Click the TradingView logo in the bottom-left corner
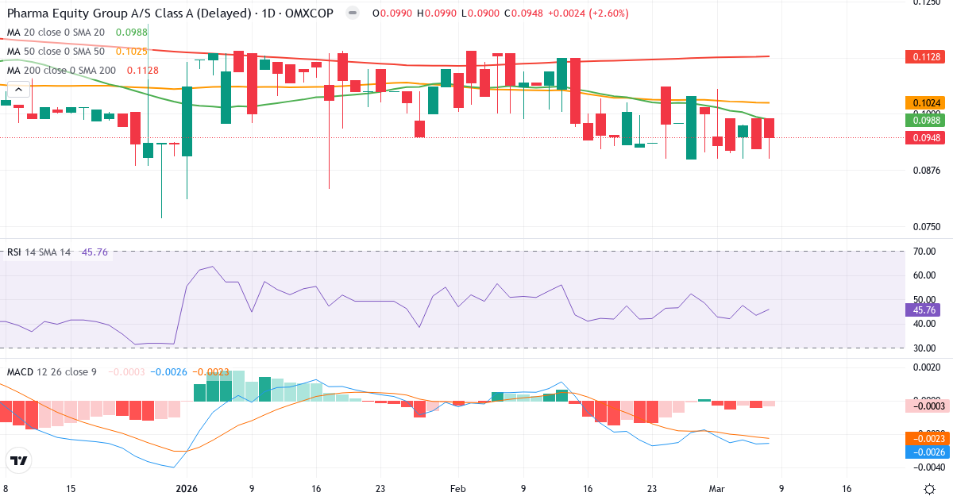[x=19, y=460]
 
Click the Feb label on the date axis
[x=457, y=489]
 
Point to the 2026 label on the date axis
[x=187, y=489]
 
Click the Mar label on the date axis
[x=717, y=489]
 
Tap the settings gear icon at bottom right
[x=929, y=489]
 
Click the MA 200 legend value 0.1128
[x=143, y=70]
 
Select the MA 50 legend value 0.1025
[x=132, y=51]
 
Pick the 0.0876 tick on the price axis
[x=925, y=170]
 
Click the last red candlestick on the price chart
[x=769, y=128]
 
